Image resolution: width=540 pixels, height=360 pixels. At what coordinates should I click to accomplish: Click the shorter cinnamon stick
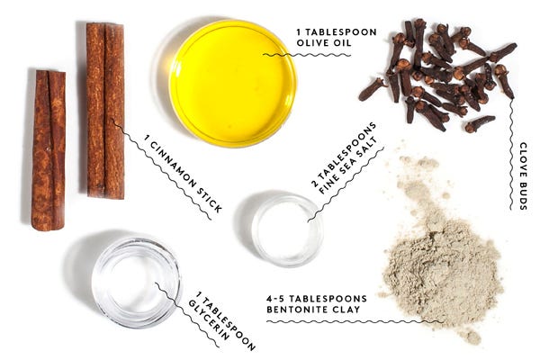(49, 150)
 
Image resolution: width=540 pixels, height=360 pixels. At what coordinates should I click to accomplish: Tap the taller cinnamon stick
(105, 111)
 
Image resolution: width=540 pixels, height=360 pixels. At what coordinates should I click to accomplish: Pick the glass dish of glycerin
(137, 283)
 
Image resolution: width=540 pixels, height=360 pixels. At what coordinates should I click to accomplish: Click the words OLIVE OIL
(324, 42)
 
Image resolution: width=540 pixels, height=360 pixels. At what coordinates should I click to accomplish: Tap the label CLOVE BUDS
(523, 175)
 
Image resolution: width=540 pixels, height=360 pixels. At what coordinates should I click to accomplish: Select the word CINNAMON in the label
(173, 164)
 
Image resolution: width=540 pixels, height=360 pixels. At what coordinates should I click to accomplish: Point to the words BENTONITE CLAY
(313, 309)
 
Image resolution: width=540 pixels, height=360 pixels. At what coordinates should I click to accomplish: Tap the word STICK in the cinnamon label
(210, 200)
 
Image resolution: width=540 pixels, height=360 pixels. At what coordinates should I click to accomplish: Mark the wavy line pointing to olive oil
(307, 55)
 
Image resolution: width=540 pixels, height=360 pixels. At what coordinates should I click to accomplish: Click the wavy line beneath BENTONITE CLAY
(355, 322)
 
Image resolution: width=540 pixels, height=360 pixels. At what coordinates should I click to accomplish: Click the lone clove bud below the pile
(480, 124)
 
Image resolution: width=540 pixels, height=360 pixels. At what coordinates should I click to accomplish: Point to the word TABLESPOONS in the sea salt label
(343, 154)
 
